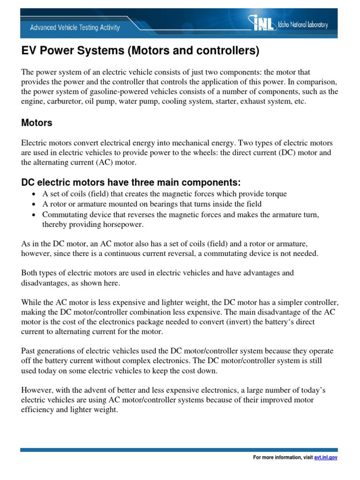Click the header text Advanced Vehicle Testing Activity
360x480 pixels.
(x=75, y=28)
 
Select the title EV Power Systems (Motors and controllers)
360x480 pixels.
(x=140, y=51)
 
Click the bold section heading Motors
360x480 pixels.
(x=37, y=123)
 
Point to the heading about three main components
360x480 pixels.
(x=131, y=182)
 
